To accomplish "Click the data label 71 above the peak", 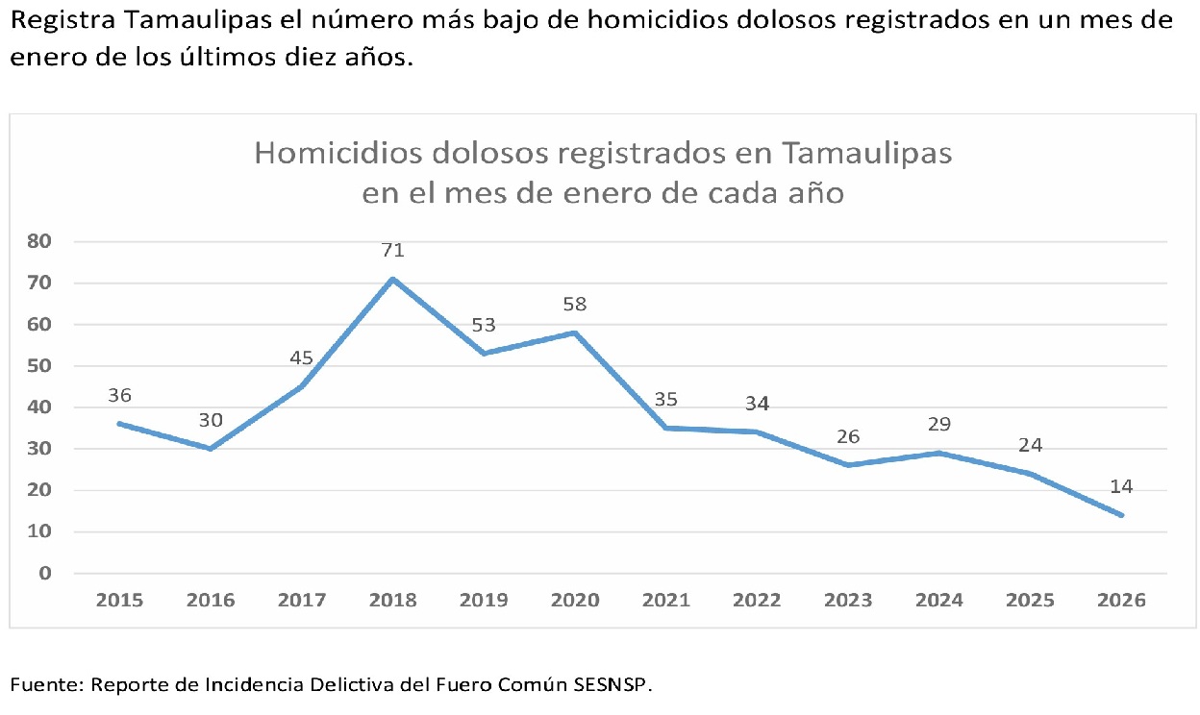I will [x=392, y=251].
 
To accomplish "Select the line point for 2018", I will [x=392, y=279].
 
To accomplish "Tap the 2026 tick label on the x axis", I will [x=1121, y=601].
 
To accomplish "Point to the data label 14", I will [x=1121, y=487].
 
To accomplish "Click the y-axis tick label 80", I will [x=38, y=241].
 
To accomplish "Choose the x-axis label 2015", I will [x=119, y=601].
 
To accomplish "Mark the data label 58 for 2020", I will [x=575, y=305].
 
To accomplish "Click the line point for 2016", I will [x=211, y=449].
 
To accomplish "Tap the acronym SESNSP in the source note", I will [x=611, y=685].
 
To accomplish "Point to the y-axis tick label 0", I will [x=44, y=574].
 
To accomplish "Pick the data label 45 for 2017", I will [x=302, y=358].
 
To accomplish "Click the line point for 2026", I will [x=1121, y=515].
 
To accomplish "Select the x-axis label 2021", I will [x=666, y=601].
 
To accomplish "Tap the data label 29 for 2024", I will [x=939, y=425].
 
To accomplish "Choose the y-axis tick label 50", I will [x=38, y=366].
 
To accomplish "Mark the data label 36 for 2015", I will [x=119, y=395].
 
